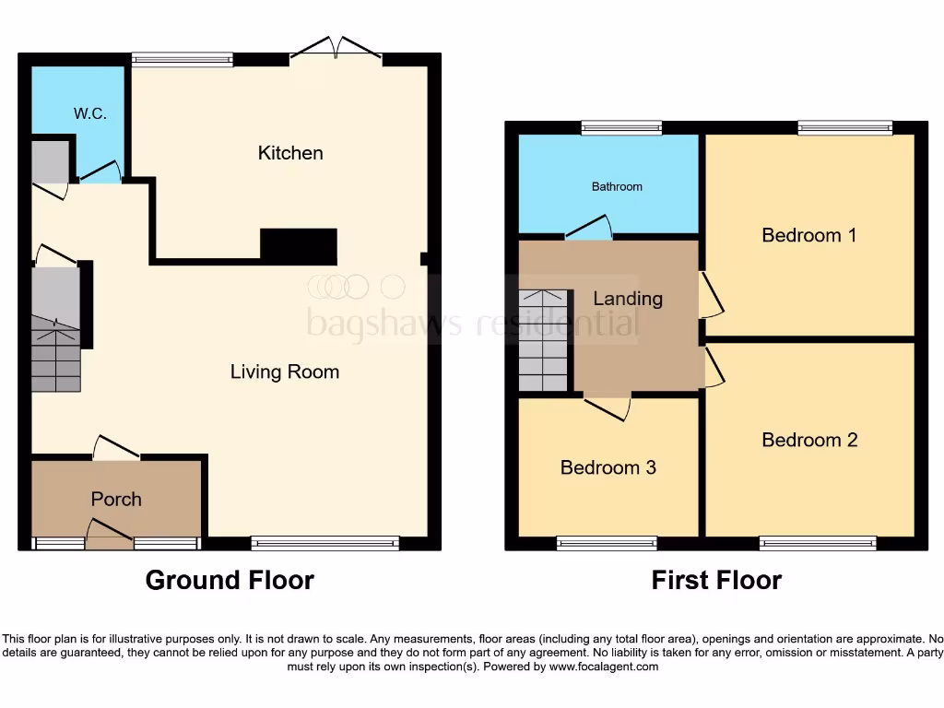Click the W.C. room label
coord(90,114)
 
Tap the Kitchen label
coord(290,153)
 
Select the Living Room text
coord(285,372)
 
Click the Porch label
coord(116,499)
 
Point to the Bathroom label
coord(617,186)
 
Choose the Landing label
coord(627,299)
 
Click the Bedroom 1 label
coord(808,235)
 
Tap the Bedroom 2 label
coord(809,440)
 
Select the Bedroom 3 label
coord(608,467)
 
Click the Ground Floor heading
coord(230,580)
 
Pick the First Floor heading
coord(716,580)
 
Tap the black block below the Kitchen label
coord(299,246)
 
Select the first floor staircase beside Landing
coord(543,341)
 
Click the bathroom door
coord(590,228)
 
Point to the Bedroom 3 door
coord(608,407)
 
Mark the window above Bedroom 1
coord(844,128)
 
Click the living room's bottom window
coord(324,544)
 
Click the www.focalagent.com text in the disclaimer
coord(604,667)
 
